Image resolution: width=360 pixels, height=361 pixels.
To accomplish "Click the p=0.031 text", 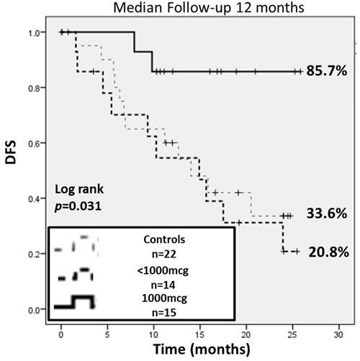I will point(79,206).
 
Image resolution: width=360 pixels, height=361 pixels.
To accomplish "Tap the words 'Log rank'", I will point(79,190).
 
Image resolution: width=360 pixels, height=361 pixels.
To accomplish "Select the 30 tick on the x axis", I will point(338,334).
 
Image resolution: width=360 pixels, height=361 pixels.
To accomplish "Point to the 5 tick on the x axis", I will point(107,334).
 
